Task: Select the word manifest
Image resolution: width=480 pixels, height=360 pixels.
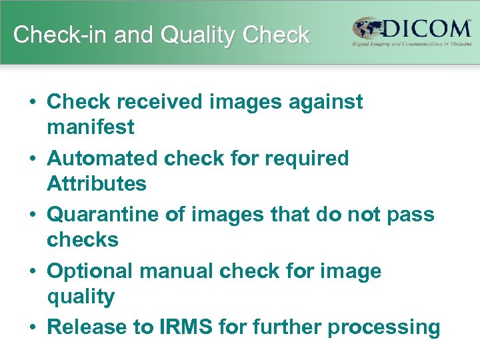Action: click(90, 127)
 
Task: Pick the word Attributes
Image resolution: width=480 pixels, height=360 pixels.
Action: click(96, 183)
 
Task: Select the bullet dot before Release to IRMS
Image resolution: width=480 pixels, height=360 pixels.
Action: click(33, 327)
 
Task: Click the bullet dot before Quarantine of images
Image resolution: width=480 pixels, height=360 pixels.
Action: click(33, 215)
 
